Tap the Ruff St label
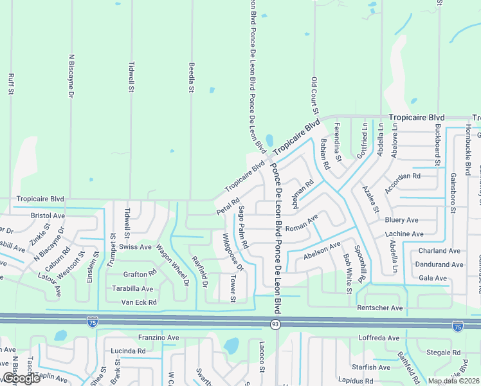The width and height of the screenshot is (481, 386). point(11,84)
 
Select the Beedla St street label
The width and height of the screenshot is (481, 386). point(191,77)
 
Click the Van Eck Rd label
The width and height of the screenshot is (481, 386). point(139,302)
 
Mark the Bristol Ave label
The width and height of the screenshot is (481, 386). point(48,216)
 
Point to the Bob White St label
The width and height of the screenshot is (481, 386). point(347,273)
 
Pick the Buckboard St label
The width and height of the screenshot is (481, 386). point(437,144)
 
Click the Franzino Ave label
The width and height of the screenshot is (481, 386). point(158,337)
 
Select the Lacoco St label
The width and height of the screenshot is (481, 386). point(262,358)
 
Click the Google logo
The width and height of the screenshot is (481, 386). point(21,378)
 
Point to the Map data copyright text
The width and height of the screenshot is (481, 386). point(453,381)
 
